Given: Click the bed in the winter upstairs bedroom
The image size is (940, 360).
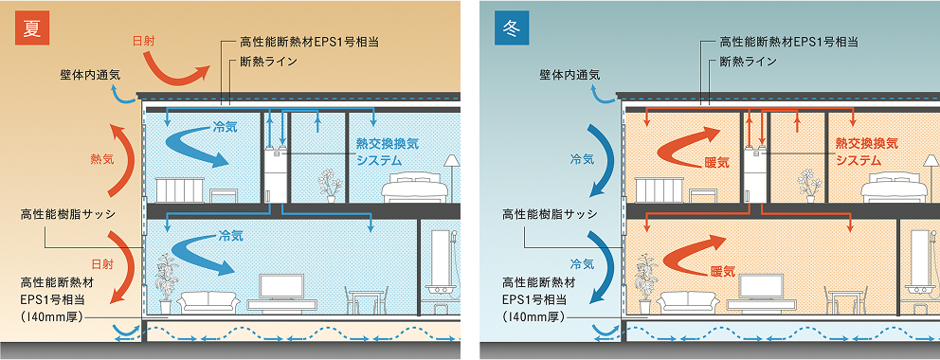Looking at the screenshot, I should point(895,189).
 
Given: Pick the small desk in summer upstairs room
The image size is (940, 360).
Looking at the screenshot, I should point(224,195).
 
